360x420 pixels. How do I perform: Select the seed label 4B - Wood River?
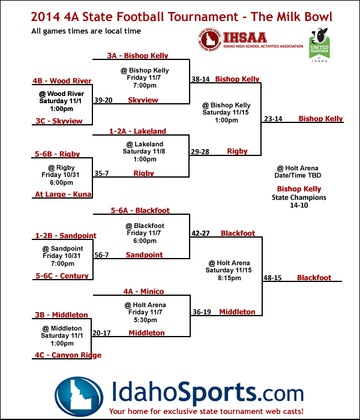point(62,81)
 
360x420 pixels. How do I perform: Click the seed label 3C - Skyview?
point(58,121)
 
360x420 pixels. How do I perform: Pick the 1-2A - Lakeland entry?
point(137,131)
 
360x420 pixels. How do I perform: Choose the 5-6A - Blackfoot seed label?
point(140,211)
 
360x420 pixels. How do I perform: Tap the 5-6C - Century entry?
point(62,276)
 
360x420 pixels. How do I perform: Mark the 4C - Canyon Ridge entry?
point(68,355)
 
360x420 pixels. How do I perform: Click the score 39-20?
point(103,100)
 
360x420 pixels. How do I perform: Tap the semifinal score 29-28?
point(200,152)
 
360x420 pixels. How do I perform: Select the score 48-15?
point(272,278)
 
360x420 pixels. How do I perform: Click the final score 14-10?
point(299,205)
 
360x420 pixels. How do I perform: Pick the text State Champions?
point(299,197)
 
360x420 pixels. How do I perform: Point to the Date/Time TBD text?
point(298,176)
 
